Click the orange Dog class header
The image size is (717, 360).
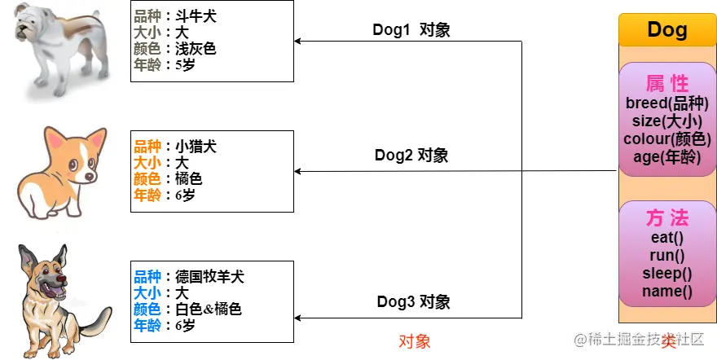pyautogui.click(x=666, y=30)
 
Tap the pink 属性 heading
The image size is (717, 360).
pyautogui.click(x=666, y=83)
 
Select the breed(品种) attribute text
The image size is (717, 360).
pyautogui.click(x=666, y=104)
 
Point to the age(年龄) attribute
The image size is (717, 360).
pyautogui.click(x=666, y=157)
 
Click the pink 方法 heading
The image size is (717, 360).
pyautogui.click(x=666, y=218)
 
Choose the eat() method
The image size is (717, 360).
pyautogui.click(x=666, y=238)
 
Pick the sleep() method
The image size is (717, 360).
pyautogui.click(x=666, y=274)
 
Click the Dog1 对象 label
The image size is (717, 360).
pyautogui.click(x=411, y=30)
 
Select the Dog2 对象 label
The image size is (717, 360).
pyautogui.click(x=411, y=155)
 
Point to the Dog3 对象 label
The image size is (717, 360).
pyautogui.click(x=412, y=302)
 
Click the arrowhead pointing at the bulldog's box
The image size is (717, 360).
pyautogui.click(x=298, y=41)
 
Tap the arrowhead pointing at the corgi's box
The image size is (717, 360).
pyautogui.click(x=298, y=171)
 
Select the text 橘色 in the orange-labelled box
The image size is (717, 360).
pyautogui.click(x=189, y=178)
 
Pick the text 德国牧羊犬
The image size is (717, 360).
pyautogui.click(x=209, y=277)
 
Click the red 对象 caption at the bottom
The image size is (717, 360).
pyautogui.click(x=414, y=341)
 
